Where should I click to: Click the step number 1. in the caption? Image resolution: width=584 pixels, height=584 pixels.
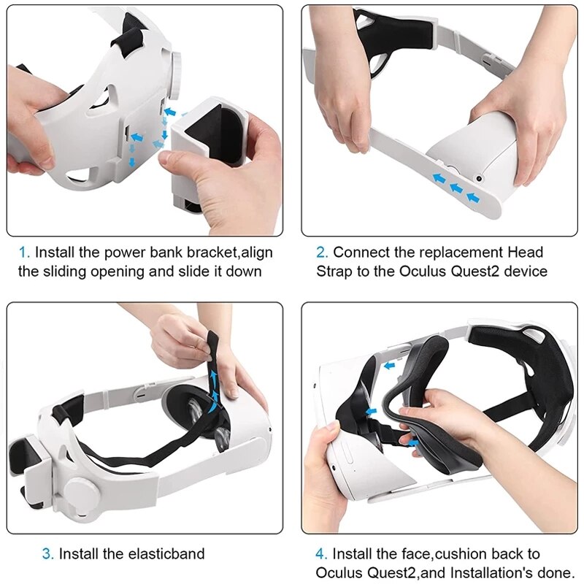[24, 253]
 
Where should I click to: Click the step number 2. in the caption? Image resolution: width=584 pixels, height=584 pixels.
[321, 253]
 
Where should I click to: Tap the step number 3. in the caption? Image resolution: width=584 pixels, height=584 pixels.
[47, 554]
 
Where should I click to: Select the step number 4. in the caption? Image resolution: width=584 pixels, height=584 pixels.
[321, 554]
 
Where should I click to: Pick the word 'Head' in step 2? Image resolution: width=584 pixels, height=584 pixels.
[526, 253]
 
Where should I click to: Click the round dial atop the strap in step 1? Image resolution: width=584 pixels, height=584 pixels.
[174, 67]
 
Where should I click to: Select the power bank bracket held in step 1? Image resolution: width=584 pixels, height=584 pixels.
[204, 153]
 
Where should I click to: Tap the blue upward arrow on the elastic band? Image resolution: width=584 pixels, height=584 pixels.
[214, 377]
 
